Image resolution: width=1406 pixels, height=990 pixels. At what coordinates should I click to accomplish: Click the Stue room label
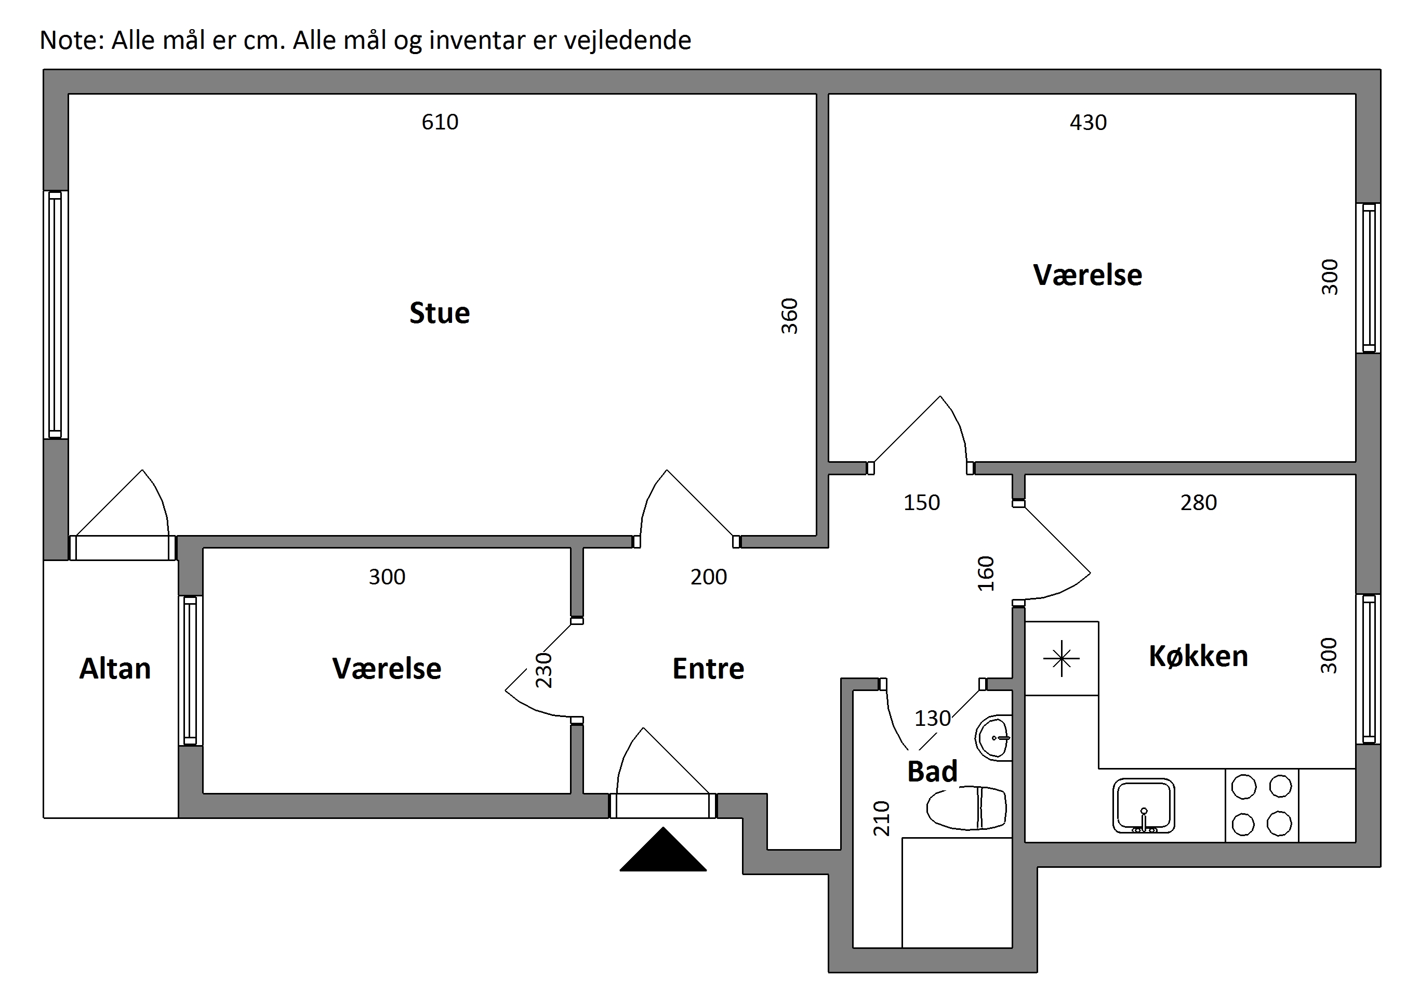click(x=440, y=313)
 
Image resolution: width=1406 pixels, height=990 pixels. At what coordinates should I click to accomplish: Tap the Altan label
click(x=115, y=668)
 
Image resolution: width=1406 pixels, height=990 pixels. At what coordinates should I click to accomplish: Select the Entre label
click(x=709, y=668)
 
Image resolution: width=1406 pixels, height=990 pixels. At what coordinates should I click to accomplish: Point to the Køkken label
click(x=1198, y=656)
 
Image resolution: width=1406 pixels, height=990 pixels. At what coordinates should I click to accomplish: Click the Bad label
click(x=932, y=771)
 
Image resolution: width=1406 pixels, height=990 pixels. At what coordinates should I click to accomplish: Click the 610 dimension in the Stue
click(x=440, y=122)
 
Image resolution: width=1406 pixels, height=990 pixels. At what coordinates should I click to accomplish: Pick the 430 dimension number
click(x=1088, y=123)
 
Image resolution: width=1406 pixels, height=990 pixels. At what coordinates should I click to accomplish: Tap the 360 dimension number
click(x=790, y=316)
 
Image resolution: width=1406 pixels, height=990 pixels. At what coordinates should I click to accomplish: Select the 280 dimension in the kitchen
click(x=1198, y=502)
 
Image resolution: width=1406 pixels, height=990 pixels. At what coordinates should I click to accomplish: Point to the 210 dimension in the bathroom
click(x=881, y=818)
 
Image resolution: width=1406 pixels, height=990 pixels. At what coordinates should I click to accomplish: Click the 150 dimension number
click(x=922, y=502)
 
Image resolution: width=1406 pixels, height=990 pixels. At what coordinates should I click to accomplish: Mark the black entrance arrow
click(x=663, y=849)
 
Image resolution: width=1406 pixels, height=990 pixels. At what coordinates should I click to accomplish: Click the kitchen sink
click(x=1143, y=805)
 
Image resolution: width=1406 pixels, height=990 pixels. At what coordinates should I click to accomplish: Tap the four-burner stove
click(x=1262, y=805)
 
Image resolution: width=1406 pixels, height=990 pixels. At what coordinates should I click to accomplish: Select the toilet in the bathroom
click(x=967, y=808)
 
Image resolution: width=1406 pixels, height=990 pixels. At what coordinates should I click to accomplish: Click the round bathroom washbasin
click(x=992, y=738)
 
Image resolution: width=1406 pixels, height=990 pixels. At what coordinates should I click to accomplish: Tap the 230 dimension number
click(x=544, y=670)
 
